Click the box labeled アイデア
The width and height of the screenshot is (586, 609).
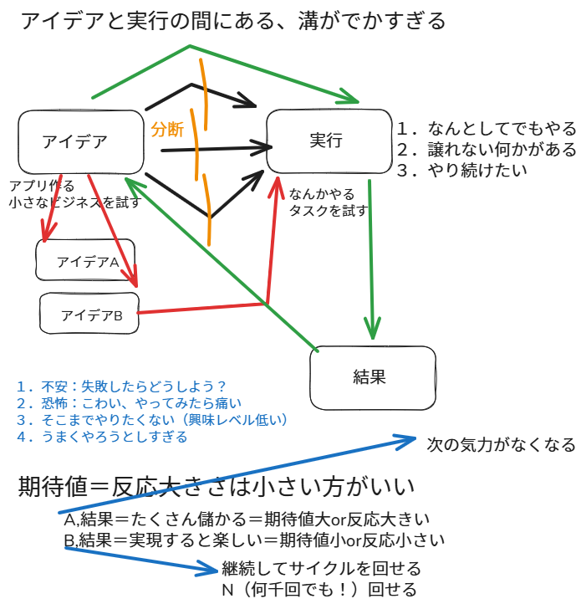[x=80, y=142]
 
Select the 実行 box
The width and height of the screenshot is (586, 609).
[x=328, y=140]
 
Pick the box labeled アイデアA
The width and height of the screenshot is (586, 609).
[x=86, y=261]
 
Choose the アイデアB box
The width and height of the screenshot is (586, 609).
[x=89, y=314]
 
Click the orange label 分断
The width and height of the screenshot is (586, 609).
[x=167, y=130]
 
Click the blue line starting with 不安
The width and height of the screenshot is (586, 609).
[x=122, y=386]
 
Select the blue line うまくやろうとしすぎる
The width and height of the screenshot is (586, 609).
[x=101, y=437]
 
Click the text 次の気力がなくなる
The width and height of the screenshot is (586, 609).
[x=501, y=444]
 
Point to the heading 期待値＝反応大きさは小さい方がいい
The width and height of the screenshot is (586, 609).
[x=217, y=486]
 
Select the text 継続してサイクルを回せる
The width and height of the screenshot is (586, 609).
[x=321, y=570]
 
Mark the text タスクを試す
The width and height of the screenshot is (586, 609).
[x=328, y=211]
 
